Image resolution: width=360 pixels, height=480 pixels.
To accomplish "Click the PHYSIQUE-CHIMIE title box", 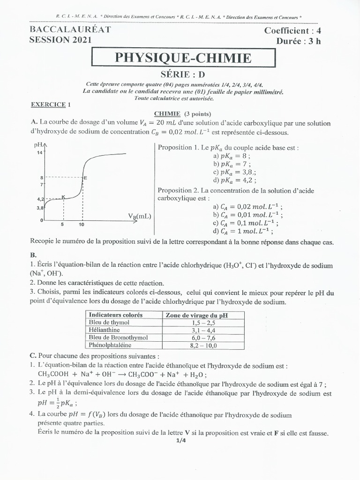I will pyautogui.click(x=183, y=58).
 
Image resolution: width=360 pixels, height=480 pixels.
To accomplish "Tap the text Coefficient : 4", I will pyautogui.click(x=293, y=31).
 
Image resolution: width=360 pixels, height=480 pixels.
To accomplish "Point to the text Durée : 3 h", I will pyautogui.click(x=299, y=41).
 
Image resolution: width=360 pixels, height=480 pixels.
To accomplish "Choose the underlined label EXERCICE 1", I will pyautogui.click(x=50, y=105).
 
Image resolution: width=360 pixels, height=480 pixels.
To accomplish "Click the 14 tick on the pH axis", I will pyautogui.click(x=40, y=153).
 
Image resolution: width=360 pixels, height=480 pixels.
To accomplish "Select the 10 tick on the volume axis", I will pyautogui.click(x=82, y=225).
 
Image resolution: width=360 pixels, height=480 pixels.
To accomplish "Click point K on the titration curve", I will pyautogui.click(x=63, y=196).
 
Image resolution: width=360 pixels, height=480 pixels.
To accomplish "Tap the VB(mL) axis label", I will pyautogui.click(x=140, y=216).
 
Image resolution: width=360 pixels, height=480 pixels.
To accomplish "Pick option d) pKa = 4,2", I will pyautogui.click(x=234, y=180).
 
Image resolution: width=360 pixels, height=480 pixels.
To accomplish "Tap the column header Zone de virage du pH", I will pyautogui.click(x=197, y=315).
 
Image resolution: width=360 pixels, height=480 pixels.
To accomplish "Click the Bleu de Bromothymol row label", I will pyautogui.click(x=118, y=337).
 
